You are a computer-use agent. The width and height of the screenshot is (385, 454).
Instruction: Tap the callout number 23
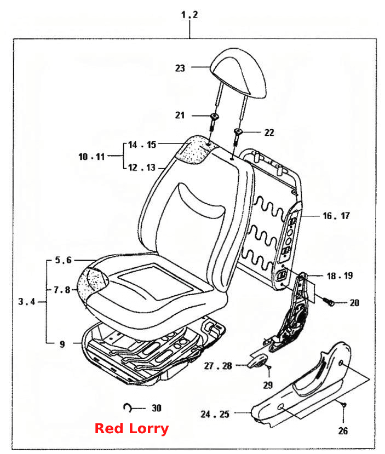coord(180,68)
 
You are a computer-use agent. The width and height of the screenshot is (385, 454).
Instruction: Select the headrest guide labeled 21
coord(214,122)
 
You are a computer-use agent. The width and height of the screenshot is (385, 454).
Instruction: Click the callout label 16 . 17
coord(336,216)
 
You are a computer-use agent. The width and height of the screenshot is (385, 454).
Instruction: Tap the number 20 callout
coord(354,303)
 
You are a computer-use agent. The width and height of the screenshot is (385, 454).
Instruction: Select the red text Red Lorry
coord(131,428)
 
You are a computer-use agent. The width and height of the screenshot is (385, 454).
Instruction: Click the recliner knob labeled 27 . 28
coord(257,361)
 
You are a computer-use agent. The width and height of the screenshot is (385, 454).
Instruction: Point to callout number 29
coord(268,385)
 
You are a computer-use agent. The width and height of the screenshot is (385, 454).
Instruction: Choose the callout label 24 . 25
coord(215,414)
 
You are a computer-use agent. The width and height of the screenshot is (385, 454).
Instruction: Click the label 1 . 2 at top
coord(189,14)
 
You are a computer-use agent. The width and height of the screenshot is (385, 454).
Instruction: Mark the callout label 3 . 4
coord(27,302)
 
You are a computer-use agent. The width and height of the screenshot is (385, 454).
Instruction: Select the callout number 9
coord(62,344)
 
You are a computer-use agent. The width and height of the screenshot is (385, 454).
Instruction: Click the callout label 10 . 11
coord(91,157)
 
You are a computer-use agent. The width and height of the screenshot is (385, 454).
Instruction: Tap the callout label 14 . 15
coord(142,145)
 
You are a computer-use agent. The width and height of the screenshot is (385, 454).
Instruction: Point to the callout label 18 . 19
coord(340,275)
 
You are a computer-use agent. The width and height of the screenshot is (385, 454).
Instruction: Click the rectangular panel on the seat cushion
coord(156,281)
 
